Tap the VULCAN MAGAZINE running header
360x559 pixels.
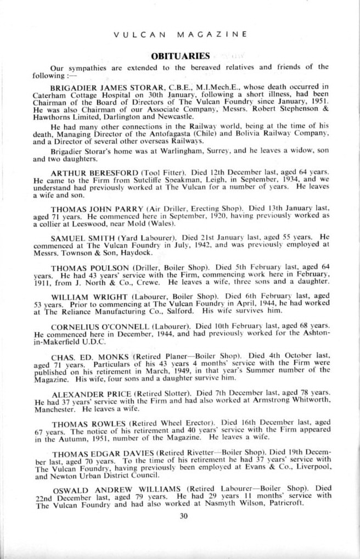coord(180,34)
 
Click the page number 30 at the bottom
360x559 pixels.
coord(183,515)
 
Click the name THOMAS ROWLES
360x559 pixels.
coord(82,422)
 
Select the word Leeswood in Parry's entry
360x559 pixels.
coord(79,224)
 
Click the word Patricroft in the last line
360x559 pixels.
coord(285,504)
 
